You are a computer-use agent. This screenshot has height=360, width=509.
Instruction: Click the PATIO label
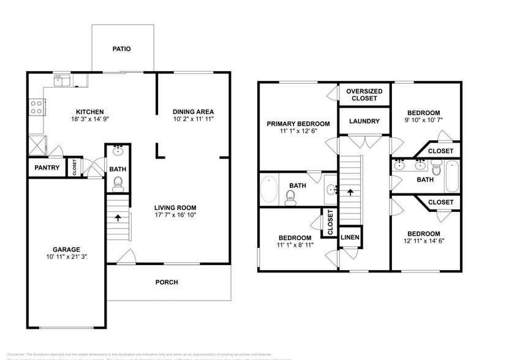pyautogui.click(x=121, y=48)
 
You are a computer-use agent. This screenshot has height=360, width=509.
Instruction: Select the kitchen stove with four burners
pyautogui.click(x=36, y=108)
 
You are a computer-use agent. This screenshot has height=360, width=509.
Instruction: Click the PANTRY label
pyautogui.click(x=47, y=168)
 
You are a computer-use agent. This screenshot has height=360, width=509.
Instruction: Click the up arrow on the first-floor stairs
pyautogui.click(x=118, y=217)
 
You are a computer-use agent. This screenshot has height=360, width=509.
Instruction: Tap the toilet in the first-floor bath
pyautogui.click(x=118, y=182)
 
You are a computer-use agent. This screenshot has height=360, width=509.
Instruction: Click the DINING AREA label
pyautogui.click(x=193, y=111)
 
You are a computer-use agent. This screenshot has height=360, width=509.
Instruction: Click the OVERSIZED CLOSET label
pyautogui.click(x=364, y=94)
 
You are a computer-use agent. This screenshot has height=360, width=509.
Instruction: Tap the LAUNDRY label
pyautogui.click(x=364, y=121)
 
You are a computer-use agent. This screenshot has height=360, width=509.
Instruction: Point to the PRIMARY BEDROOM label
pyautogui.click(x=298, y=124)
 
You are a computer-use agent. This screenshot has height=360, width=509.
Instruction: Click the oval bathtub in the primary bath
pyautogui.click(x=270, y=190)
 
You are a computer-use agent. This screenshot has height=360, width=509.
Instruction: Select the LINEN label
pyautogui.click(x=350, y=236)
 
